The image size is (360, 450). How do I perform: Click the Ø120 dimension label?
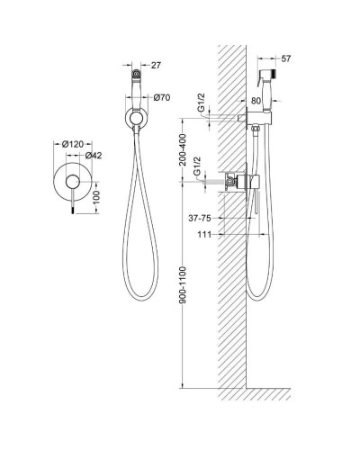[73, 144]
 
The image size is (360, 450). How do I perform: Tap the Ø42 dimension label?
[94, 156]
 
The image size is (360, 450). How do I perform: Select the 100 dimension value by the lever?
[96, 197]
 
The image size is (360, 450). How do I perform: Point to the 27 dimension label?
[156, 65]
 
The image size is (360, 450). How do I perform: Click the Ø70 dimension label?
[162, 97]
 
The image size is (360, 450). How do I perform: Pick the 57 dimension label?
[286, 58]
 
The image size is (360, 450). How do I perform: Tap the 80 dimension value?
[256, 101]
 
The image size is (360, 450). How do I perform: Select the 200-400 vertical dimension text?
[183, 150]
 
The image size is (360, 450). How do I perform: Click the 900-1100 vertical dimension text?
[183, 284]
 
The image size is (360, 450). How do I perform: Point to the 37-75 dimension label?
[200, 219]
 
